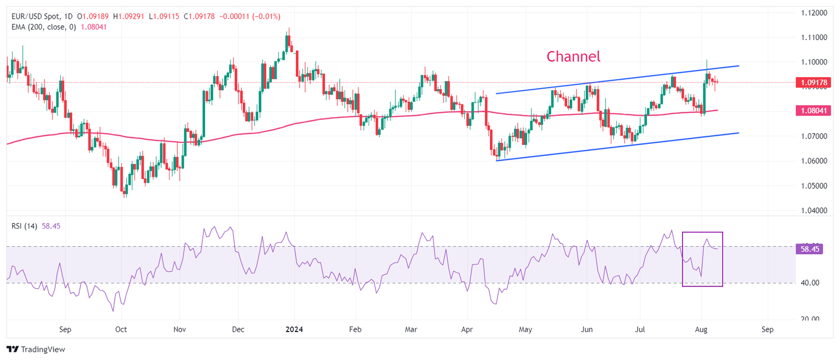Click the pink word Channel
[x=573, y=56]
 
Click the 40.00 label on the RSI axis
[x=810, y=283]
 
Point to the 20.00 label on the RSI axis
[x=810, y=319]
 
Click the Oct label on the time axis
[x=121, y=330]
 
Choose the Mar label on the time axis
[x=412, y=330]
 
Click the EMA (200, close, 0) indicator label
[x=45, y=27]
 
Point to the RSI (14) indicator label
[x=24, y=226]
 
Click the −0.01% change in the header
[x=260, y=16]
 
